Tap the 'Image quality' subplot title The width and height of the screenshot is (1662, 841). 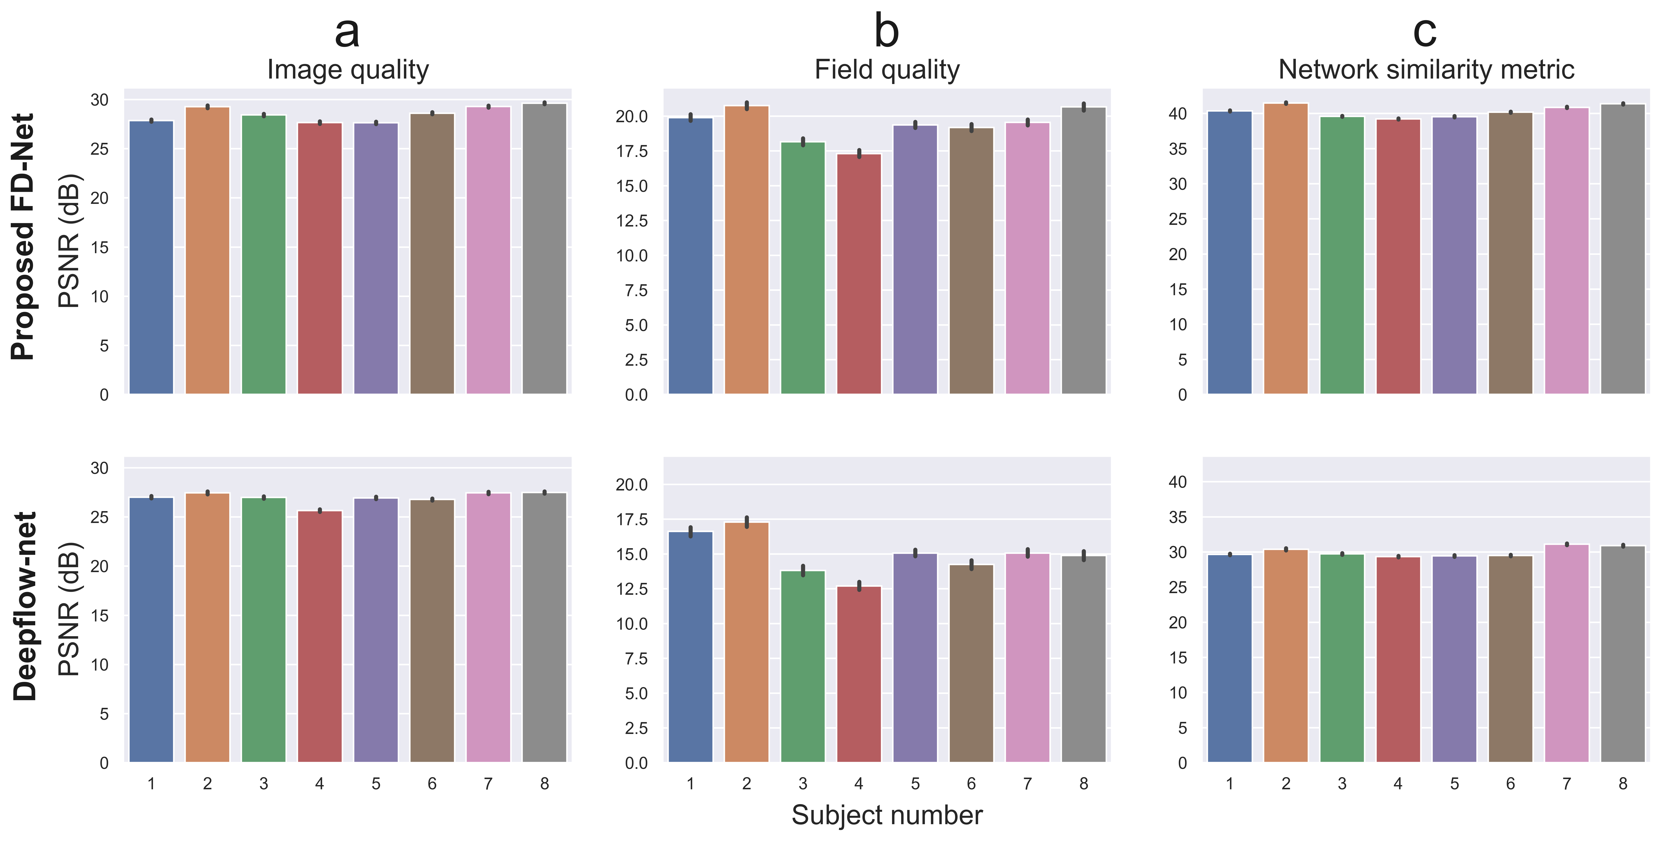point(348,70)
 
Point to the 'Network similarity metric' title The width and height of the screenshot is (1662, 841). point(1426,70)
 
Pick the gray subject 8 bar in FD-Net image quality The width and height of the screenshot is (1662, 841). point(545,248)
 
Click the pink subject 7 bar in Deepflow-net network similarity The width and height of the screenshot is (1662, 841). point(1567,653)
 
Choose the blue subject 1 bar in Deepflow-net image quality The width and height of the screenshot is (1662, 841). point(151,629)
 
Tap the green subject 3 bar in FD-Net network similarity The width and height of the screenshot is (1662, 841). point(1342,255)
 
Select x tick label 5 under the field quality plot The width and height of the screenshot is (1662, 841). point(915,784)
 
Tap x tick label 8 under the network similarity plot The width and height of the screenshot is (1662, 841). point(1623,784)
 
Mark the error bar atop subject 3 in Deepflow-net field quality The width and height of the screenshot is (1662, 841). point(803,570)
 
